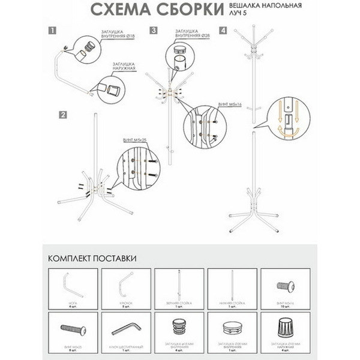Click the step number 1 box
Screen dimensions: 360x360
click(53, 30)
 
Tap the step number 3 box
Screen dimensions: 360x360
click(154, 30)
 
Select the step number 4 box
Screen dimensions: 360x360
click(223, 30)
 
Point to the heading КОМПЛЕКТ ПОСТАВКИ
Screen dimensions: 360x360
click(91, 258)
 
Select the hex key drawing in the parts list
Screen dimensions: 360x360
click(125, 328)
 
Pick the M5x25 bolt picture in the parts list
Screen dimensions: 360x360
click(72, 328)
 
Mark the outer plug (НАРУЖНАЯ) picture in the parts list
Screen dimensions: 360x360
click(286, 328)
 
